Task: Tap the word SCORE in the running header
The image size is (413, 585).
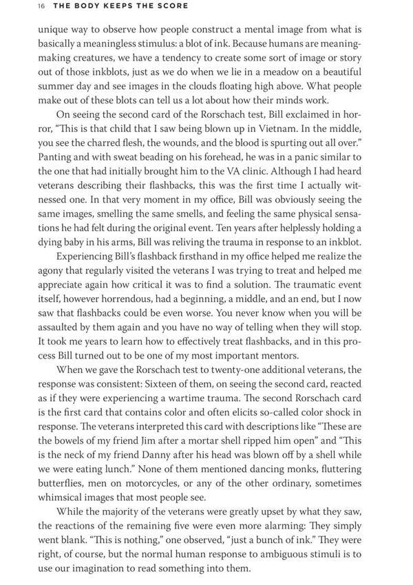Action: point(172,6)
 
